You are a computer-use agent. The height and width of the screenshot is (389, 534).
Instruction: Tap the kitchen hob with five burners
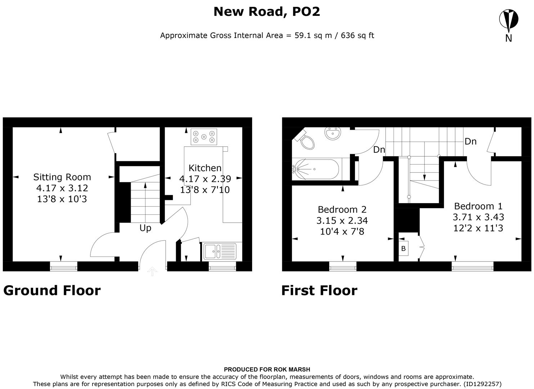204,137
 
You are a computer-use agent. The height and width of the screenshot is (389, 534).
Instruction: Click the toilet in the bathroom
306,141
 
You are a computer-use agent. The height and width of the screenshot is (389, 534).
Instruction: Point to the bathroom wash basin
332,133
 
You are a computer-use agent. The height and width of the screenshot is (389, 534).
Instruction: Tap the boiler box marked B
403,249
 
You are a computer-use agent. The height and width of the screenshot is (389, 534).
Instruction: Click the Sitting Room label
62,177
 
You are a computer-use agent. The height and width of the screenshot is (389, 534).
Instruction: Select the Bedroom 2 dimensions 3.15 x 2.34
342,220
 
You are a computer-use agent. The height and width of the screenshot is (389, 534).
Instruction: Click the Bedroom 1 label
478,206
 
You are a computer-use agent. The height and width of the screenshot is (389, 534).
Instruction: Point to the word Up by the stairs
145,228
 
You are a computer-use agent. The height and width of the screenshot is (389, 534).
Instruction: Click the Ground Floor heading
52,290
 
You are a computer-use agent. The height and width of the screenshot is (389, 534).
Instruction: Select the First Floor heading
319,290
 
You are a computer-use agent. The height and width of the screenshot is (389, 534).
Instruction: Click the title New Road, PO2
266,12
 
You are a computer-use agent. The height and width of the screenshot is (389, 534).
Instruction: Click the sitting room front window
63,267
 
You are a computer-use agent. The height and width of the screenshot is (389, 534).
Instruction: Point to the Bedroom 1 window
472,267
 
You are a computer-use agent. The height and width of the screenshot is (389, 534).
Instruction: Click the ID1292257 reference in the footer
482,384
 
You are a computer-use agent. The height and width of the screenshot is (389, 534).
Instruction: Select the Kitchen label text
205,168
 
